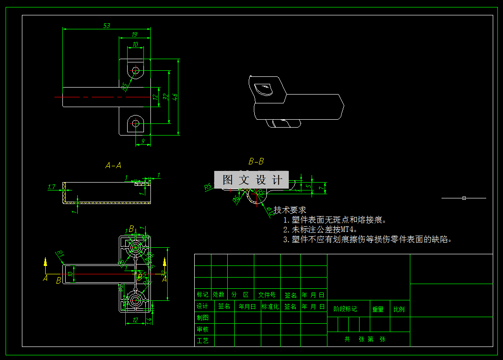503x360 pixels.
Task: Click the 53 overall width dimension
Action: tap(107, 26)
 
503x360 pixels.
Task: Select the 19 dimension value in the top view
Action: tap(135, 34)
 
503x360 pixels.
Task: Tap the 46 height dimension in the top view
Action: tap(175, 97)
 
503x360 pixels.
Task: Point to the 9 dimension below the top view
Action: tap(143, 141)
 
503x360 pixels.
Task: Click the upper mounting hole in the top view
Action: tap(136, 71)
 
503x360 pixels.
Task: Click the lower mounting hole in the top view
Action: tap(136, 123)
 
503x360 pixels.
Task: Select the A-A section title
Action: tap(113, 165)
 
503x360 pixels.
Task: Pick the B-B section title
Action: tap(256, 162)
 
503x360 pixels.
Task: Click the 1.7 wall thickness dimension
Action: tap(52, 187)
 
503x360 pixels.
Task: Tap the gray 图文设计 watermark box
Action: tap(251, 180)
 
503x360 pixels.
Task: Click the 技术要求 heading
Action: tap(290, 210)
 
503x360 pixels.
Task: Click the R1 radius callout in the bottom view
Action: tap(60, 254)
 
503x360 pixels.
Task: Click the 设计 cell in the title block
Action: tap(203, 306)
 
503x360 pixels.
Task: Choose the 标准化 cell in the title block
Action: tap(270, 306)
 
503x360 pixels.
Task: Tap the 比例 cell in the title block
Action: tap(399, 309)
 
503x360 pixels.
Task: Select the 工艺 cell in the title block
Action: tap(203, 341)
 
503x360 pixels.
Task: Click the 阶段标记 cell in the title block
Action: tap(345, 309)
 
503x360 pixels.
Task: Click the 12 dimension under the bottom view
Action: tap(135, 320)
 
